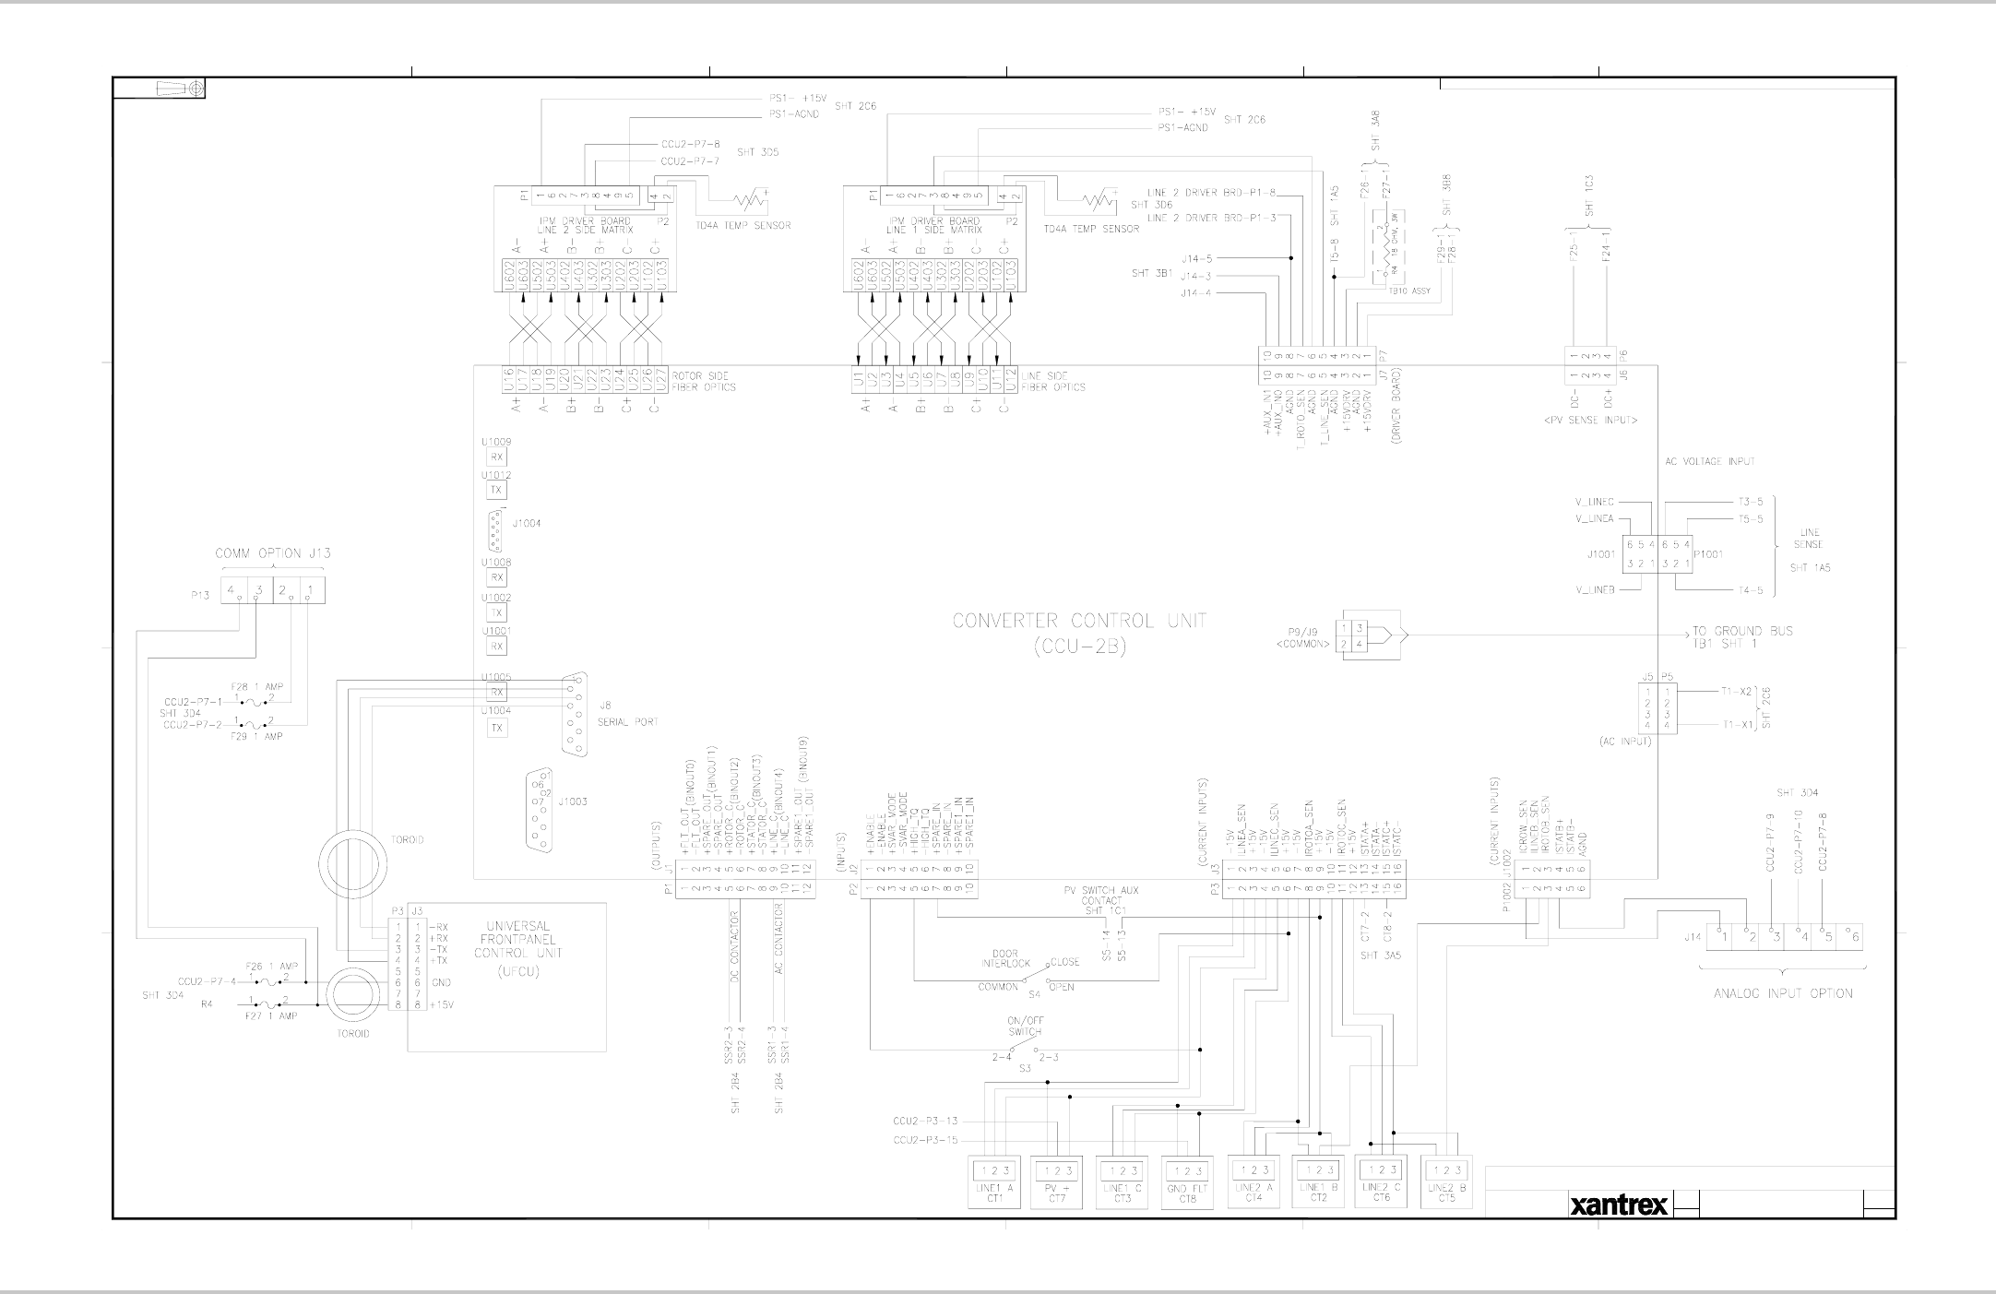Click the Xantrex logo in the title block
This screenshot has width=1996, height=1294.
tap(1619, 1205)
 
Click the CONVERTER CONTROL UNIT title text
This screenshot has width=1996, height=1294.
tap(1079, 621)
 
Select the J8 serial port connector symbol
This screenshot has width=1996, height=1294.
tap(575, 716)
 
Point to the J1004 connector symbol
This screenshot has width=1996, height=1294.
tap(497, 530)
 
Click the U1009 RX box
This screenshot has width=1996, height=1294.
tap(496, 457)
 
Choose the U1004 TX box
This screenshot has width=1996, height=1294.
tap(496, 729)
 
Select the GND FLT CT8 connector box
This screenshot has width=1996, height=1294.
tap(1187, 1182)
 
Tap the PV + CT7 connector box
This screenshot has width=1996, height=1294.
tap(1058, 1181)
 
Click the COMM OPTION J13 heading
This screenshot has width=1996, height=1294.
tap(272, 553)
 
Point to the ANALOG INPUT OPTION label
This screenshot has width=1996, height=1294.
tap(1782, 993)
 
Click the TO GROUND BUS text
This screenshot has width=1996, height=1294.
tap(1742, 632)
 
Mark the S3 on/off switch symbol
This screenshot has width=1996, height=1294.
tap(1024, 1049)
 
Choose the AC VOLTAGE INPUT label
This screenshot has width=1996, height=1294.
tap(1709, 461)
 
